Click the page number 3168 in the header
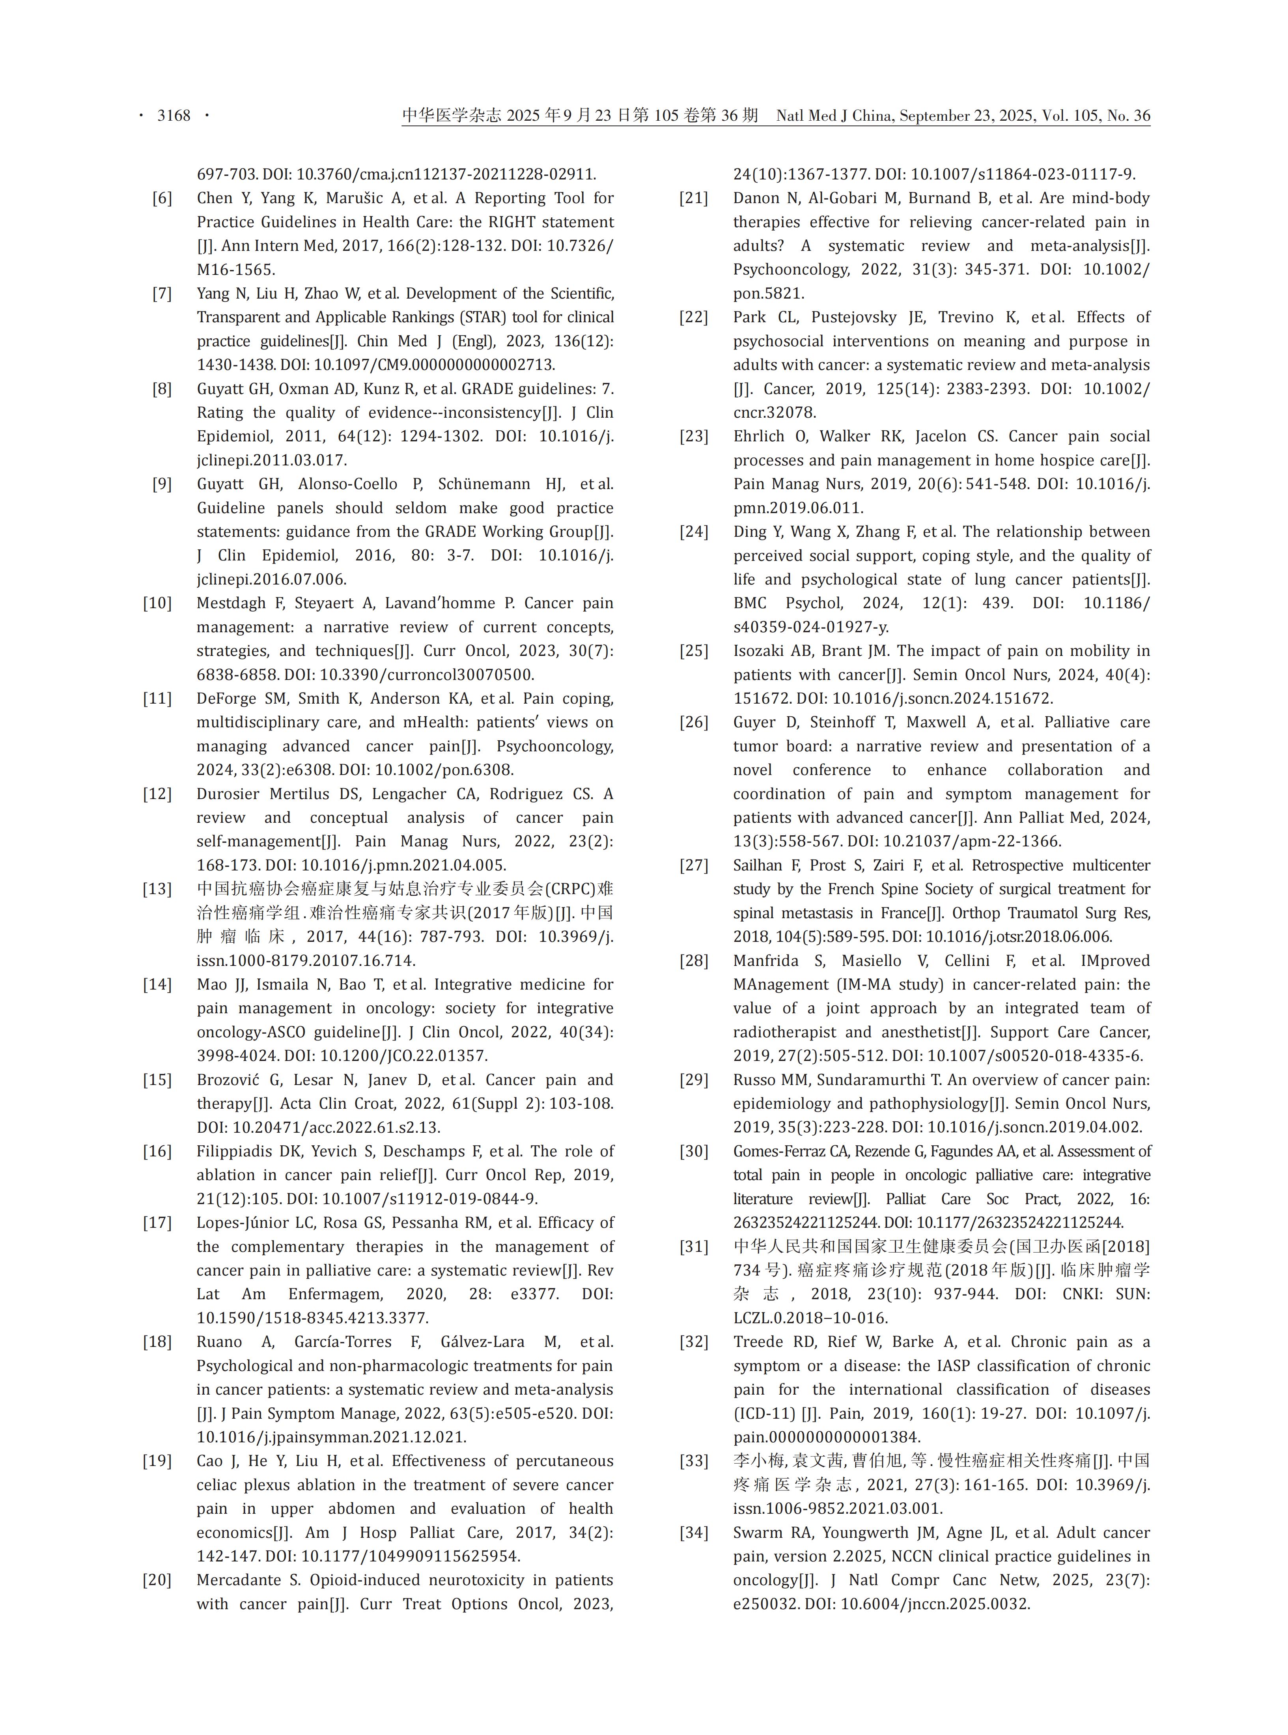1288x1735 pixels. [x=174, y=116]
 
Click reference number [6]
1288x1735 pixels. [x=162, y=198]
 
